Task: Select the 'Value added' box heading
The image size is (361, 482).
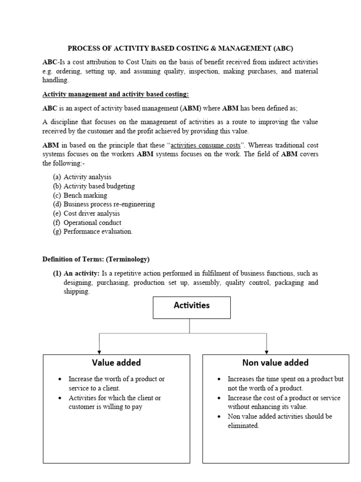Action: click(116, 362)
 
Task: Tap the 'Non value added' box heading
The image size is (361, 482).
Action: click(275, 362)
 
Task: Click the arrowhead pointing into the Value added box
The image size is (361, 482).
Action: click(99, 352)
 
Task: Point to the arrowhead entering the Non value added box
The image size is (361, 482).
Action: click(267, 352)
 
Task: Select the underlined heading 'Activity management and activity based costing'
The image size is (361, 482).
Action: click(116, 94)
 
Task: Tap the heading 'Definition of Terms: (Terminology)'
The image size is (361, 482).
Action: click(96, 259)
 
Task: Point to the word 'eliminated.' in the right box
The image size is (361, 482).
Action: click(243, 426)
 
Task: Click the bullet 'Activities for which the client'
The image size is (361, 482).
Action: click(115, 398)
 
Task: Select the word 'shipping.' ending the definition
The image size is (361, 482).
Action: click(76, 291)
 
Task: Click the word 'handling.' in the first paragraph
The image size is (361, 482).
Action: click(55, 80)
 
